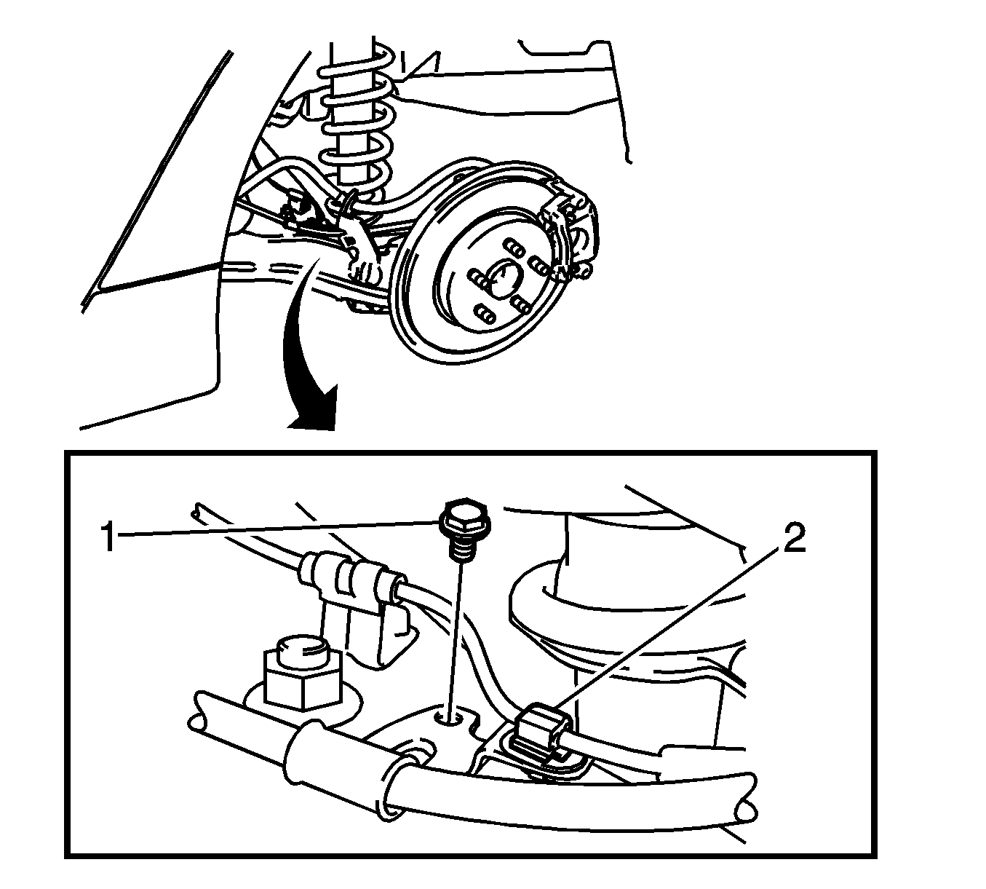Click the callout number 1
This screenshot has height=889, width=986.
coord(108,538)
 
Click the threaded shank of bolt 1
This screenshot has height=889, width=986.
coord(463,548)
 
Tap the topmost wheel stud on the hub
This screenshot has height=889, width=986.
coord(514,247)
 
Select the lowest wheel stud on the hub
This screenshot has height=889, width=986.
coord(485,313)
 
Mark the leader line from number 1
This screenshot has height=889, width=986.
coord(278,529)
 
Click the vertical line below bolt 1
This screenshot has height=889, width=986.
coord(456,637)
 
